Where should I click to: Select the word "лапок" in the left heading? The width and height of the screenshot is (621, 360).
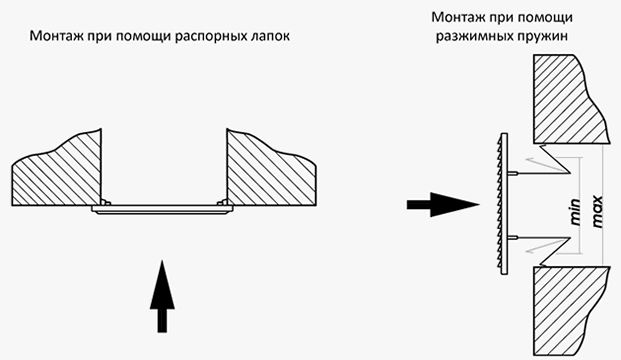pyautogui.click(x=271, y=36)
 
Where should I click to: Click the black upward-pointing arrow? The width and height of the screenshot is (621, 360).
pyautogui.click(x=162, y=296)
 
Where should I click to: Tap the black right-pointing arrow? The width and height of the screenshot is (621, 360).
pyautogui.click(x=443, y=205)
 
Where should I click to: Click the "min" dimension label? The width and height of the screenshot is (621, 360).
pyautogui.click(x=575, y=212)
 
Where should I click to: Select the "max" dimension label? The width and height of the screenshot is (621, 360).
pyautogui.click(x=597, y=211)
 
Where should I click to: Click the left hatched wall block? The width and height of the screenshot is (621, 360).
pyautogui.click(x=59, y=174)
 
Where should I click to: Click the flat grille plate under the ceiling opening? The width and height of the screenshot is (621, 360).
pyautogui.click(x=162, y=210)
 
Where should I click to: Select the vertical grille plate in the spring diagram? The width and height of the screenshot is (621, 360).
pyautogui.click(x=504, y=204)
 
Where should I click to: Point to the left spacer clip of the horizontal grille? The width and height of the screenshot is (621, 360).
pyautogui.click(x=105, y=202)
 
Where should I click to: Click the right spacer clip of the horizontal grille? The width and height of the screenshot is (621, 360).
pyautogui.click(x=223, y=202)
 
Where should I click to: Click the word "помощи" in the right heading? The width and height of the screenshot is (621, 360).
pyautogui.click(x=547, y=18)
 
